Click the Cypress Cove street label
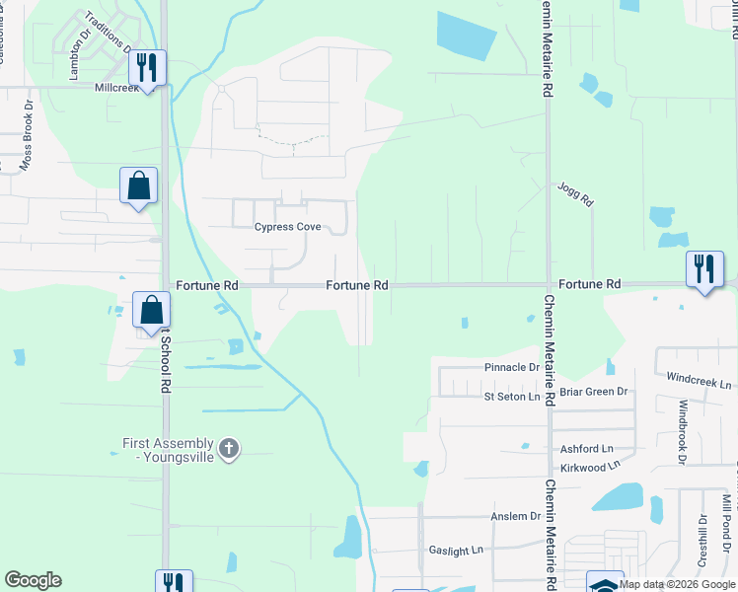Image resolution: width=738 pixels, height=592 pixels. (x=287, y=227)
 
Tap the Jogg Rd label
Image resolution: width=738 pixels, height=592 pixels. (x=575, y=193)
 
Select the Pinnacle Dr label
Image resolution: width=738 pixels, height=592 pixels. (x=512, y=367)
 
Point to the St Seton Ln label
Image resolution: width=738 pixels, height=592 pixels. (x=512, y=397)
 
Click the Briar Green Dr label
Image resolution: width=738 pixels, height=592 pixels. (x=594, y=392)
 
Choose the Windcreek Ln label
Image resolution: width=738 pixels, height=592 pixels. (x=700, y=380)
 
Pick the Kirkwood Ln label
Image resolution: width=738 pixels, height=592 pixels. (x=587, y=465)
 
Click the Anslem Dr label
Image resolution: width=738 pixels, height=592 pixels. (x=516, y=516)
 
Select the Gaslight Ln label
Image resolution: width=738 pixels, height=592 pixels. (x=456, y=550)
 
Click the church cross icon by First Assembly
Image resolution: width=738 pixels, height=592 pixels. (x=229, y=449)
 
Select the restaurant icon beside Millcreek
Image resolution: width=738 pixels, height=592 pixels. (x=148, y=68)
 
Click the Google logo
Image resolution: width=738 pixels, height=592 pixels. (x=33, y=580)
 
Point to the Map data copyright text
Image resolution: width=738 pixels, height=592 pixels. (x=678, y=584)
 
